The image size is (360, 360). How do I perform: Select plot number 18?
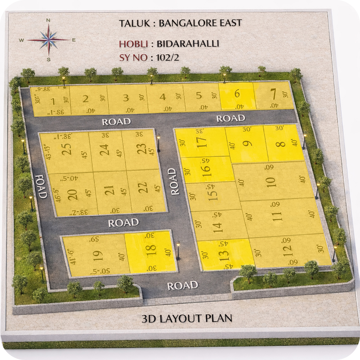pyautogui.click(x=151, y=251)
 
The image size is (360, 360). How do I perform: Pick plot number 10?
pyautogui.click(x=271, y=182)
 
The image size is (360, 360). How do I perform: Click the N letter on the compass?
pyautogui.click(x=48, y=20)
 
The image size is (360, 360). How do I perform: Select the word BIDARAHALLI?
pyautogui.click(x=188, y=43)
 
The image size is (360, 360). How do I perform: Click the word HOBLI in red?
pyautogui.click(x=133, y=44)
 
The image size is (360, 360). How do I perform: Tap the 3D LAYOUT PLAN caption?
pyautogui.click(x=187, y=318)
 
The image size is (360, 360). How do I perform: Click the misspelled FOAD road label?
pyautogui.click(x=41, y=186)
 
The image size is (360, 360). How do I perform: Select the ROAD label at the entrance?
pyautogui.click(x=182, y=286)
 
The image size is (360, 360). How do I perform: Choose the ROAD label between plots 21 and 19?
pyautogui.click(x=123, y=223)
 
